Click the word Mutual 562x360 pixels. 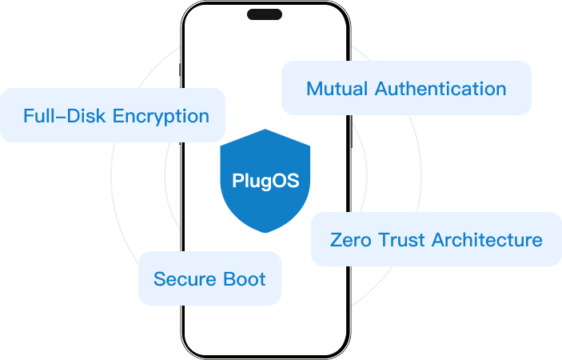pos(332,88)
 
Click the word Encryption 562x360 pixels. pos(161,115)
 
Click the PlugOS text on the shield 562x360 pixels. pos(265,181)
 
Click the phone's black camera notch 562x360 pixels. pos(265,14)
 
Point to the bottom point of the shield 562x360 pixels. pos(265,231)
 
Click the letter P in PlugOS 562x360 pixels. pos(237,181)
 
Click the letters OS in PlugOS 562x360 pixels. pos(288,181)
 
